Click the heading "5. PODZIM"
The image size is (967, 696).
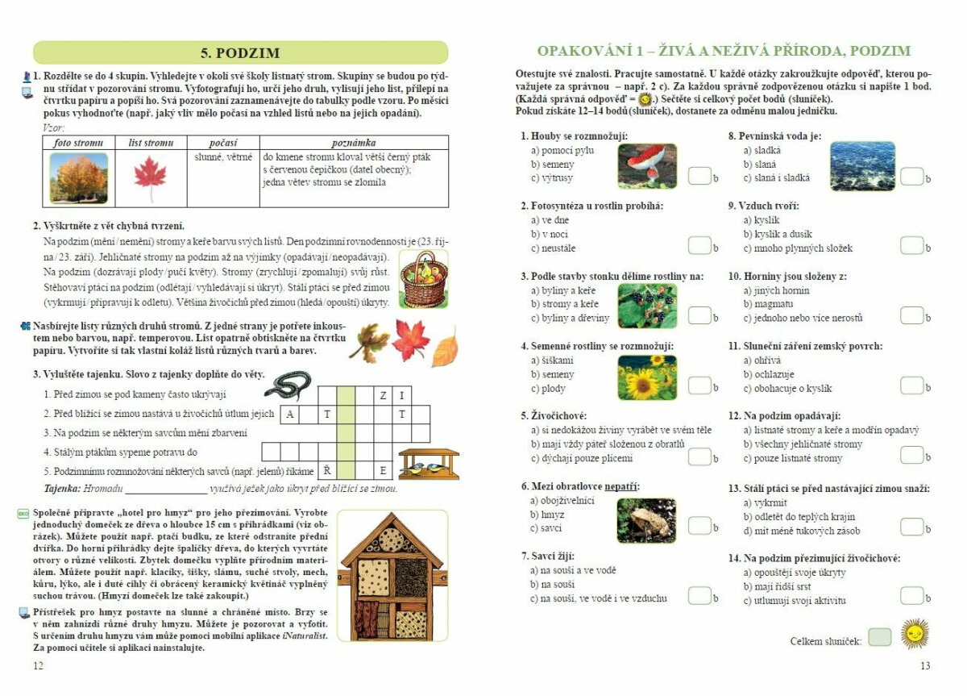239,53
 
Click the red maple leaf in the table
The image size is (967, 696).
149,178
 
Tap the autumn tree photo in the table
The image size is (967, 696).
78,178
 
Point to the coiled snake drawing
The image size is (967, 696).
287,386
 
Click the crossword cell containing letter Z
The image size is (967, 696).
383,396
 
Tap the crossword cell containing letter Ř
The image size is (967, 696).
327,470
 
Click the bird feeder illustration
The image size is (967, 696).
428,464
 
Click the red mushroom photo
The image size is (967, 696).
647,165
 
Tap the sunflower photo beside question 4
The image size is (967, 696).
647,375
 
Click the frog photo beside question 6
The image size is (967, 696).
647,519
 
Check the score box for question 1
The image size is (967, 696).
699,176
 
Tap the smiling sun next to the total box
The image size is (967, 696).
915,634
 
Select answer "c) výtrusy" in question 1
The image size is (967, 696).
552,178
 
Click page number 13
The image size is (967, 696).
925,666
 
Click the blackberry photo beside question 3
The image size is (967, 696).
647,305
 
